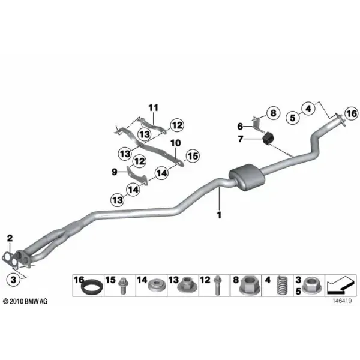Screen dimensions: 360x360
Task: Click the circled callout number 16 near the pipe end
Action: coord(352,113)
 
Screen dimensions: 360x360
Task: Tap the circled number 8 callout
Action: coord(273,113)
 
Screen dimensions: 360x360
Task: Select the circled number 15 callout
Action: coord(193,156)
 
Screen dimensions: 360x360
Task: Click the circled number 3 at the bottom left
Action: coord(14,280)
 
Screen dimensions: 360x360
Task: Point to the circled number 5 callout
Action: coord(293,118)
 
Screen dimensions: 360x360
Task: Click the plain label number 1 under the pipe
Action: coord(219,215)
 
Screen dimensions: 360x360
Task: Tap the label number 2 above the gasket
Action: coord(10,238)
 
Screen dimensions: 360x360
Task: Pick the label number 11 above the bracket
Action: coord(154,107)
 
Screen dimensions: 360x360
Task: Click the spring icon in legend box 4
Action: coord(282,285)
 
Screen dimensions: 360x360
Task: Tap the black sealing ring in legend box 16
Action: coord(91,287)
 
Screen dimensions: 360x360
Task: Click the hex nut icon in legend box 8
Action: coord(250,285)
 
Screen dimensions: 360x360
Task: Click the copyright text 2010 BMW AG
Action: coord(25,301)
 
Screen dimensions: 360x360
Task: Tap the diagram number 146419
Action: coord(342,301)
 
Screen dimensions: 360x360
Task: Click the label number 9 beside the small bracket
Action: coord(115,172)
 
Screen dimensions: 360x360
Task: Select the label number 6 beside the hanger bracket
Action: coord(240,126)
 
